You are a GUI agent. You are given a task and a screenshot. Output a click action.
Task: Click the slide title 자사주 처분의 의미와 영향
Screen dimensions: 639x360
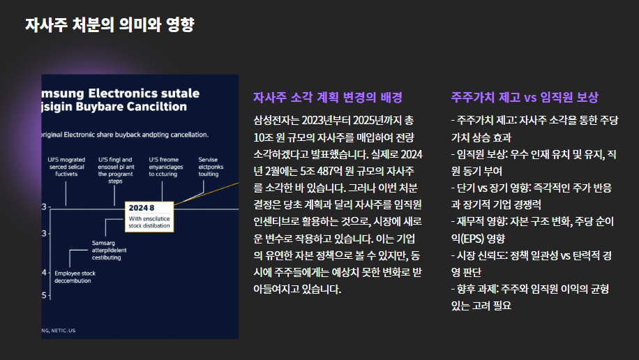[x=110, y=25]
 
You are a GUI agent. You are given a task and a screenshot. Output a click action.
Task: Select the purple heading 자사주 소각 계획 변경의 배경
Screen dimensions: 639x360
[x=327, y=98]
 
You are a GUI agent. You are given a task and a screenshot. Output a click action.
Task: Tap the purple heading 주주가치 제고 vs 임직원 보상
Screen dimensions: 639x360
[x=525, y=98]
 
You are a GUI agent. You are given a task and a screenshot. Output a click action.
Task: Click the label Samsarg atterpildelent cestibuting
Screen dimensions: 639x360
[x=110, y=250]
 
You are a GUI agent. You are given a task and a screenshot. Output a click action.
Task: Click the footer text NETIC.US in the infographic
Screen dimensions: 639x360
[x=63, y=330]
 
